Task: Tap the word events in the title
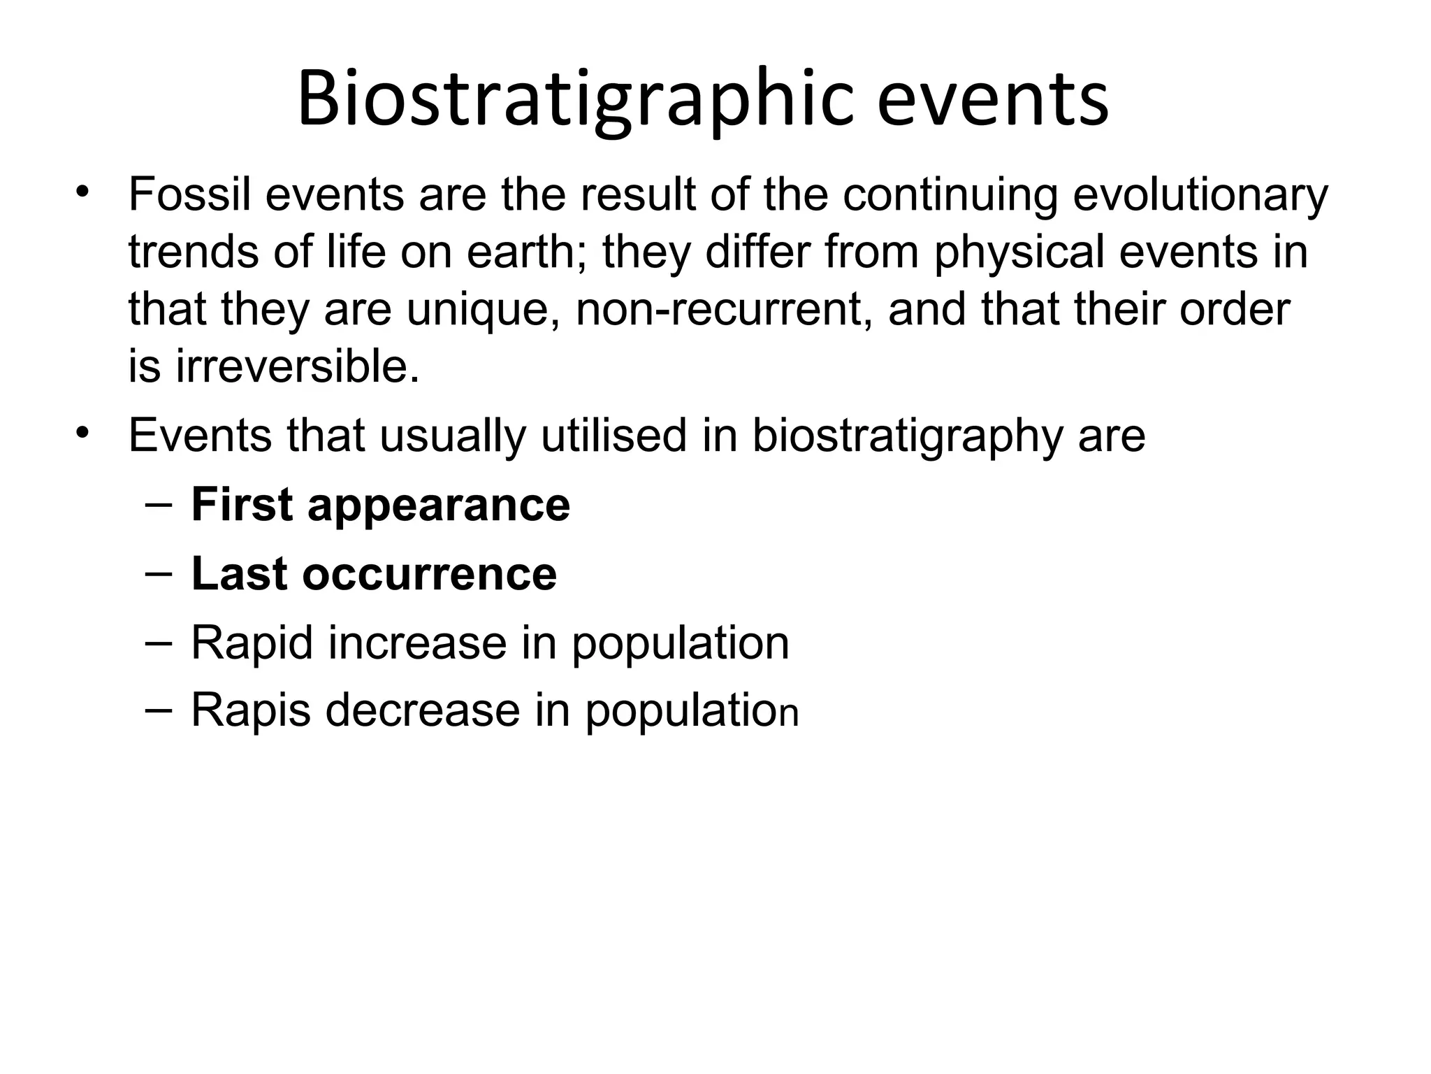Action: pos(992,99)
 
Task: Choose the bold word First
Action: pos(242,505)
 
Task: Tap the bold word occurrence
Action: pos(430,574)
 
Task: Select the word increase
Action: pos(417,643)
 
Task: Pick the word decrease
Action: pos(423,710)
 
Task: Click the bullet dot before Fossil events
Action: pos(84,192)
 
